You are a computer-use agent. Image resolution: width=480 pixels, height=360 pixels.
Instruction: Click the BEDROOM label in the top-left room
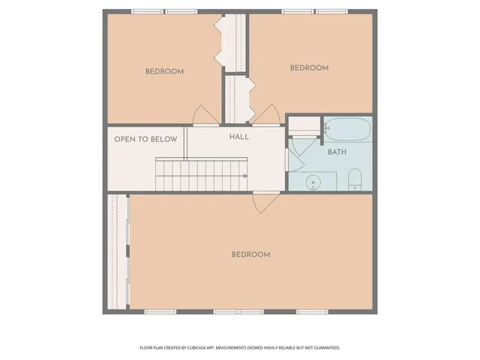[x=164, y=72]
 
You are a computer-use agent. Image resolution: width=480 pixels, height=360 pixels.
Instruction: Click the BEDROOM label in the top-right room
[x=309, y=68]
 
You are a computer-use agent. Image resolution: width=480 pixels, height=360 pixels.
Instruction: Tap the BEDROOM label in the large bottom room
[x=250, y=255]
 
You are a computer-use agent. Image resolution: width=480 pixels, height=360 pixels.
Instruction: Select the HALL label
[x=239, y=137]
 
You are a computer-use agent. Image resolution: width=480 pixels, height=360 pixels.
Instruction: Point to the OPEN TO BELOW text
[x=145, y=139]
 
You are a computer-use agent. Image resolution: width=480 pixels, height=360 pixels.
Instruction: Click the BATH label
[x=337, y=152]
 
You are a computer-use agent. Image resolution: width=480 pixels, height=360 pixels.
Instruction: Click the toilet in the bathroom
[x=355, y=178]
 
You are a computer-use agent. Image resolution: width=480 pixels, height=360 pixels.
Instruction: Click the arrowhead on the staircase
[x=244, y=175]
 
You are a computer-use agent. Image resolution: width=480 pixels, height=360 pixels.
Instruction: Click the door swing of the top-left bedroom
[x=205, y=115]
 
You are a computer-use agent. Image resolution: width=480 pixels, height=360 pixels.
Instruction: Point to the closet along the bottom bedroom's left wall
[x=118, y=252]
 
